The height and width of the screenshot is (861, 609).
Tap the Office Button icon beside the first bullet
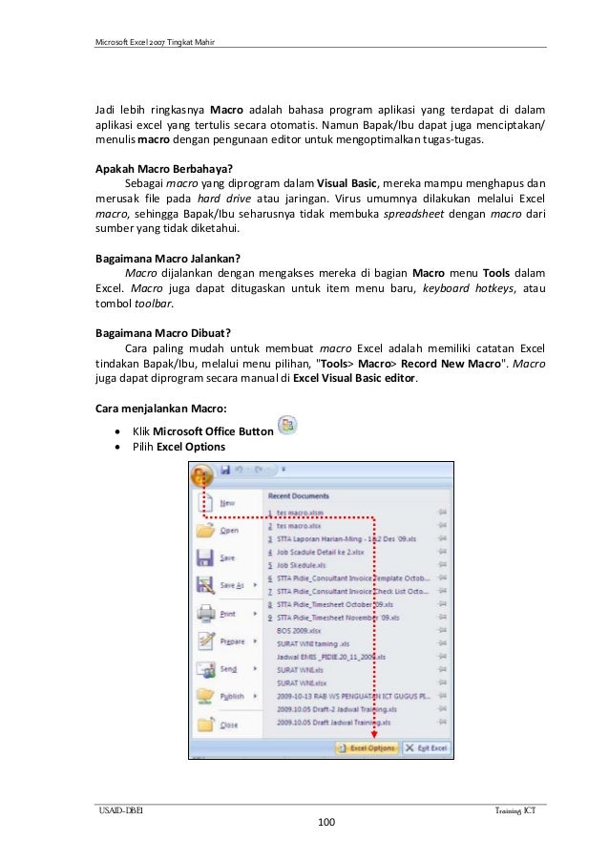[x=285, y=425]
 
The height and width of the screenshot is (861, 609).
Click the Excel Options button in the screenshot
[x=367, y=748]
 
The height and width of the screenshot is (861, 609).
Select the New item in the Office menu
[x=228, y=502]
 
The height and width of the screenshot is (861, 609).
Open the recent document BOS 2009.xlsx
[x=298, y=631]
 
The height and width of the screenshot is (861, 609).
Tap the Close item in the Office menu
[x=229, y=725]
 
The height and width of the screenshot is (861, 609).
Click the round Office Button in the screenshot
[x=202, y=474]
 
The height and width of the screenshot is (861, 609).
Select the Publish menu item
[x=232, y=697]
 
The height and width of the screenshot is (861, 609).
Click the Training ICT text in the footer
[x=520, y=809]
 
